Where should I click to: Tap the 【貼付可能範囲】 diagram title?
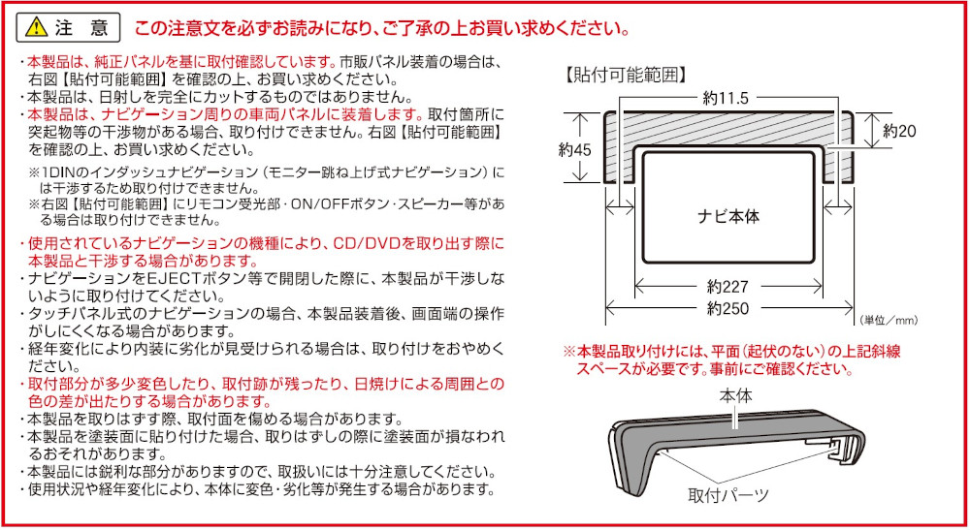[x=626, y=74]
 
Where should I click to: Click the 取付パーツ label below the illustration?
[x=728, y=495]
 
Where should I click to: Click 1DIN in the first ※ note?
[x=57, y=171]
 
